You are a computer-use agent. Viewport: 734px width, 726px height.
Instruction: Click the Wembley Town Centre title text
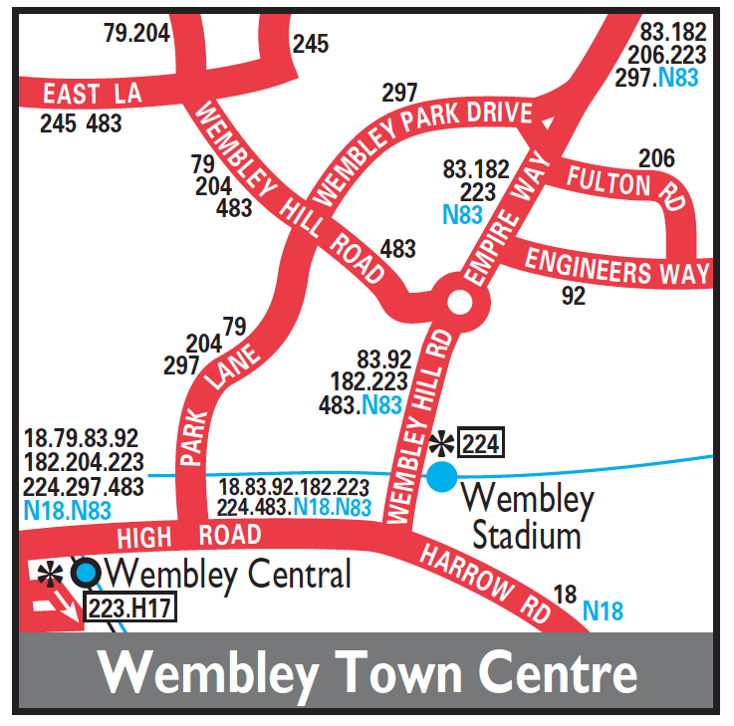(x=367, y=672)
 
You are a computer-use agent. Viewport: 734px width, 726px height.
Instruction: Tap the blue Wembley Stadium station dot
(x=442, y=477)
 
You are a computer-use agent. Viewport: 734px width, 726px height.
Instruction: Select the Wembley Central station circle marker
(x=87, y=572)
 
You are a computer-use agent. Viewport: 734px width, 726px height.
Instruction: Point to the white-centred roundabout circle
(x=459, y=301)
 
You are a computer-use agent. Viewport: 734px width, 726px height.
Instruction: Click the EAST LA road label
(x=93, y=95)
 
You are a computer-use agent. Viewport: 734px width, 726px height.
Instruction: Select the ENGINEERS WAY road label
(x=616, y=266)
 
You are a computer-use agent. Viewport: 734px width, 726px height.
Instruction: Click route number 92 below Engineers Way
(x=574, y=296)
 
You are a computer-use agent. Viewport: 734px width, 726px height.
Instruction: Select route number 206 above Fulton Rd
(x=656, y=158)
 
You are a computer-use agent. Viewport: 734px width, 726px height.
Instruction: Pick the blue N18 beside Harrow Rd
(x=604, y=608)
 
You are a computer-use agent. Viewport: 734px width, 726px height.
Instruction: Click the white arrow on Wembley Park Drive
(x=547, y=121)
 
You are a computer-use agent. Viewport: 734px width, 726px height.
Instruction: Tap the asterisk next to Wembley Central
(x=48, y=573)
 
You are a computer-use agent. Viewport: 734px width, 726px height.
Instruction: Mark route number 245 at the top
(x=310, y=44)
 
